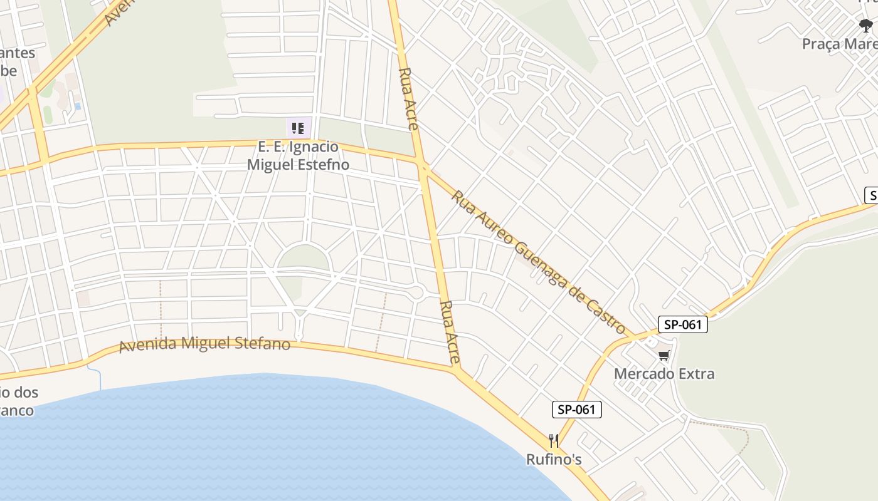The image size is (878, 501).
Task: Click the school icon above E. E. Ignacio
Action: coord(298,128)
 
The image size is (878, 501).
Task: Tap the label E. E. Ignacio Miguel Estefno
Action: coord(299,156)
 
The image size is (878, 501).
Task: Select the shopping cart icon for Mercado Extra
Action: coord(664,356)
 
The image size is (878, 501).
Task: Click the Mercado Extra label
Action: coord(664,374)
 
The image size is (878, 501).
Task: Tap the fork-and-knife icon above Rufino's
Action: coord(553,441)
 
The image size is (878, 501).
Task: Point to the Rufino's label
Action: coord(554,460)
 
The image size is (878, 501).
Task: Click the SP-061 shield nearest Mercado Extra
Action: coord(683,324)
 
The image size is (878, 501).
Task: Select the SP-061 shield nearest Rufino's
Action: coord(576,410)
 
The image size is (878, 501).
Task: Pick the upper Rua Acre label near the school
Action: coord(408,98)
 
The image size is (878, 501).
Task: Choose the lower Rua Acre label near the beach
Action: coord(450,332)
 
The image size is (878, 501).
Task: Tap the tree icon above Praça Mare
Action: coord(866,26)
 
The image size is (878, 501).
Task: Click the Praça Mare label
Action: coord(840,44)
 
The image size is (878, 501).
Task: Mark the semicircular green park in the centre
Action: coord(304,258)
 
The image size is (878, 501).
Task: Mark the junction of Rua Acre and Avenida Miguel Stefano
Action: coord(457,369)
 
